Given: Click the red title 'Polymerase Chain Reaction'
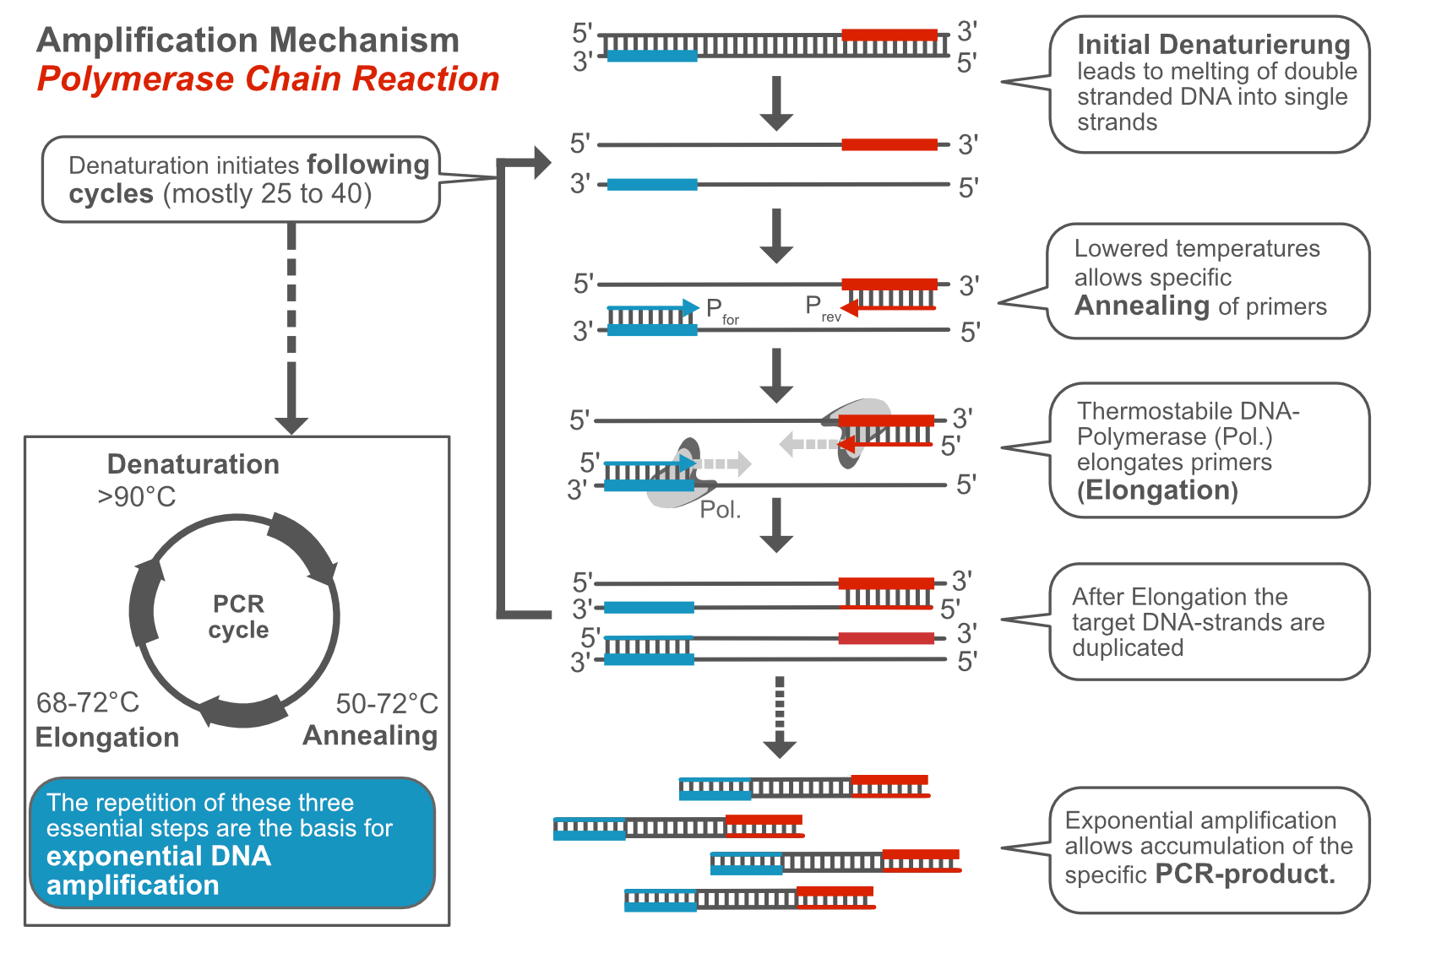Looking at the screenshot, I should [x=268, y=79].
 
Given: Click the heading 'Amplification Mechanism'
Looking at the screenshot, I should [x=248, y=41].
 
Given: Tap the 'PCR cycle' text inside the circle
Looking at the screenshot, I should [x=238, y=617].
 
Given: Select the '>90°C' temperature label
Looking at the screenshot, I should [x=136, y=497].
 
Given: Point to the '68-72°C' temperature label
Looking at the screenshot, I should [x=87, y=702].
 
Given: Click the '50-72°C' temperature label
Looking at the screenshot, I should [x=387, y=704].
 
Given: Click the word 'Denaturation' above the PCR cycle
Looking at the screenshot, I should [x=193, y=464].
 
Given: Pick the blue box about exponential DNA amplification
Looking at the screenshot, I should [x=232, y=843].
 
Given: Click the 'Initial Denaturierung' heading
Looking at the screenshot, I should [x=1213, y=45].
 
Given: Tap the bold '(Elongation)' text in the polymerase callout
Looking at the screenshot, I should [x=1156, y=490].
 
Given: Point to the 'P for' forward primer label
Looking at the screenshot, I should [x=721, y=311].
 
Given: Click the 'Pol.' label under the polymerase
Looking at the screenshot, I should [x=720, y=510].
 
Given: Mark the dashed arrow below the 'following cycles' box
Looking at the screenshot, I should [x=291, y=329].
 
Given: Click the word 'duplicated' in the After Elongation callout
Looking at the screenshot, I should [x=1128, y=648].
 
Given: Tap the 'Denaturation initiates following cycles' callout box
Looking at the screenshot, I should [x=241, y=180].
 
